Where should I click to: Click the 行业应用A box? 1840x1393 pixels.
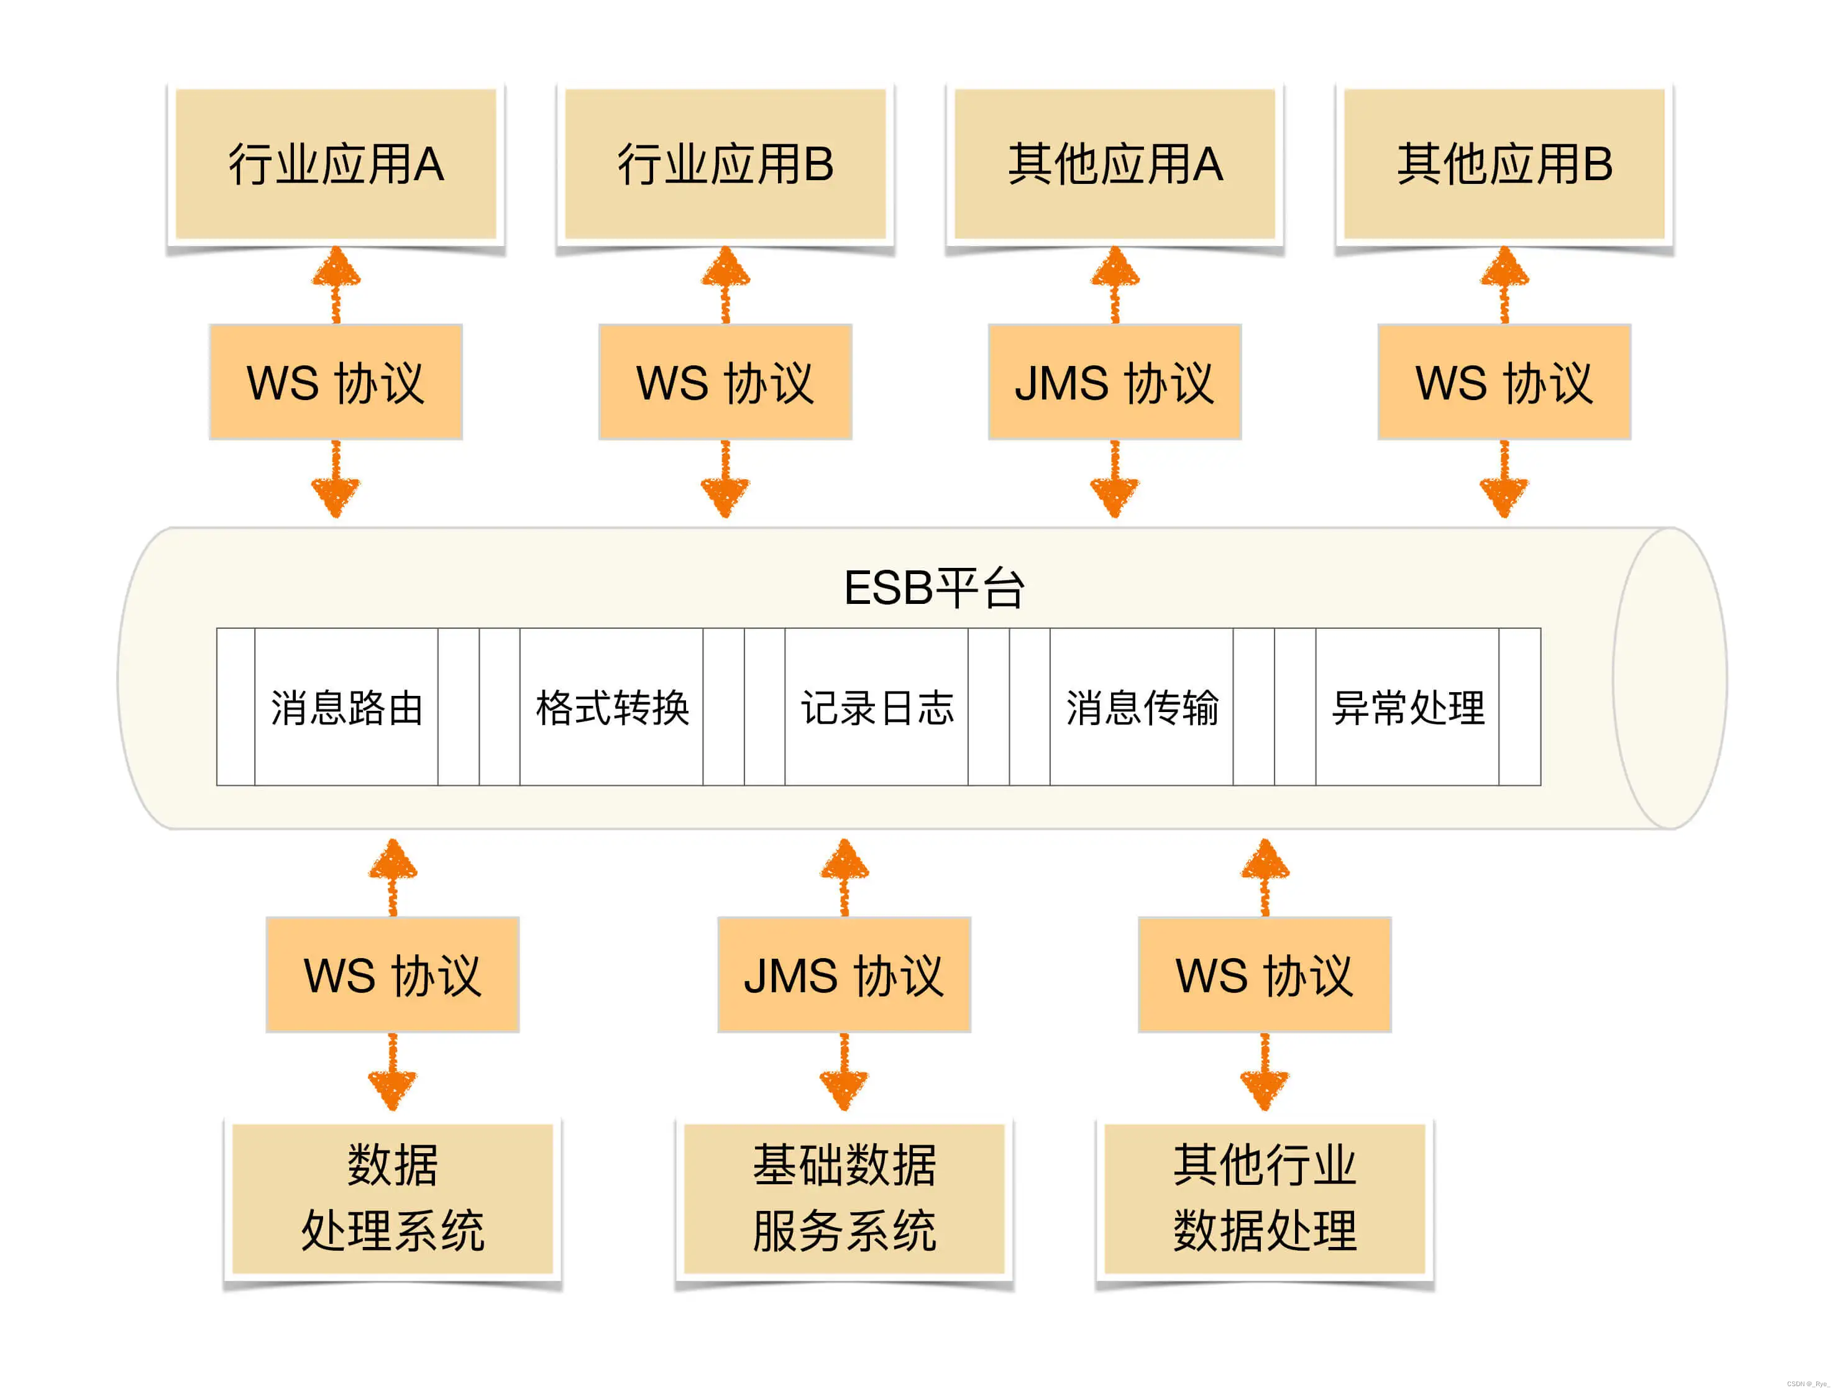(336, 164)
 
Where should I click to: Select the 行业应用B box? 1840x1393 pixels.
(725, 164)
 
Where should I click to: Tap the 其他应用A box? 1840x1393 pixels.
(1115, 164)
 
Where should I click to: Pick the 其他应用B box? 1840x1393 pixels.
(1504, 164)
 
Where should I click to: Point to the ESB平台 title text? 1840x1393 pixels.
(933, 588)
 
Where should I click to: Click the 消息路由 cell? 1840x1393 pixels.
(346, 707)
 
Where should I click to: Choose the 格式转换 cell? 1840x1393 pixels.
(611, 707)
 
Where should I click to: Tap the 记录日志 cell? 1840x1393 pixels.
(877, 707)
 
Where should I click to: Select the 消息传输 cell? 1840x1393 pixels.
(1142, 707)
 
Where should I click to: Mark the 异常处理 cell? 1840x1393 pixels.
(1407, 707)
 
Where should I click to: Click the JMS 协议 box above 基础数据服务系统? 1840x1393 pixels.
(844, 975)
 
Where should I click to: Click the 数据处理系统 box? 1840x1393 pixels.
(393, 1197)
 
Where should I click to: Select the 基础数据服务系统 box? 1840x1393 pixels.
(844, 1197)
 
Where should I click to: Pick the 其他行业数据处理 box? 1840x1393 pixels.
(1265, 1197)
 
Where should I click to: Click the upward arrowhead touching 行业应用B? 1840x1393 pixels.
(725, 268)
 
